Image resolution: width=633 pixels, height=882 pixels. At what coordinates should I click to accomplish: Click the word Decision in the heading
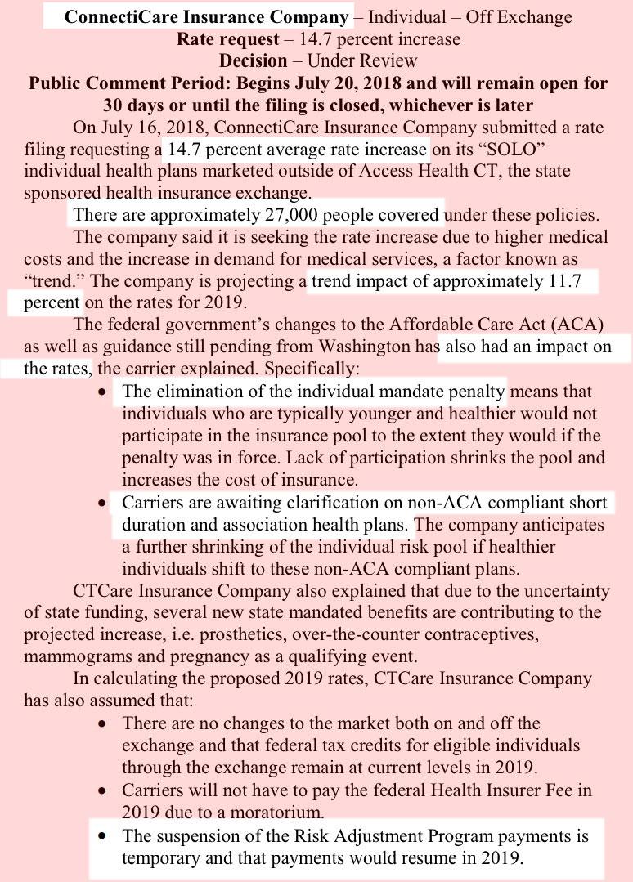pos(253,61)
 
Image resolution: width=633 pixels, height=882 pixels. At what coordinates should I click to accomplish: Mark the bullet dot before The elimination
pos(101,393)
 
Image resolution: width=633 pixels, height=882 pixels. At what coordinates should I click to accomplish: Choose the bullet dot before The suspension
pos(101,837)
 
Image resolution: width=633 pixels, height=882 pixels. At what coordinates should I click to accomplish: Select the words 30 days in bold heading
pos(134,105)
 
